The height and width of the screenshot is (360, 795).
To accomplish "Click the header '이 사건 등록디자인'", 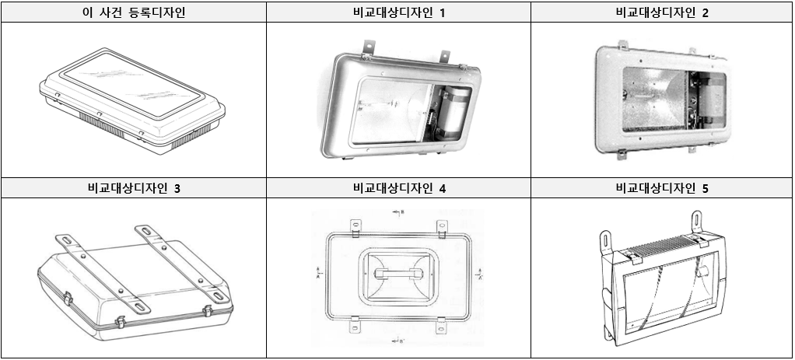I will pos(133,12).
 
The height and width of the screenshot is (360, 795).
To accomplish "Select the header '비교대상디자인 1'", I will pos(398,12).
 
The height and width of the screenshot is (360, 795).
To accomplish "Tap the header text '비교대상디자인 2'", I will pos(661,12).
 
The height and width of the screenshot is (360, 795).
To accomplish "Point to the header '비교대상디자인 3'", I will pos(133,188).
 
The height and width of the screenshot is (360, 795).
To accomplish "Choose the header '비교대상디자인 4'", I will pos(398,188).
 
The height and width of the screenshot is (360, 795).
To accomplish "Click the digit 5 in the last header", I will pos(705,188).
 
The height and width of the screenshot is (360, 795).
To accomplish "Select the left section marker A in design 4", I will pos(319,274).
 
